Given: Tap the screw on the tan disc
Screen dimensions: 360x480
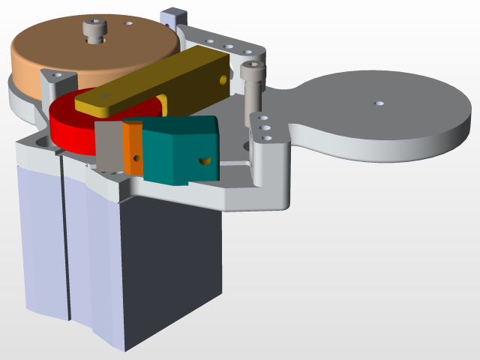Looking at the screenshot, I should coord(94,31).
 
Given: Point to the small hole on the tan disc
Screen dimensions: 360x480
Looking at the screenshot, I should coord(129,23).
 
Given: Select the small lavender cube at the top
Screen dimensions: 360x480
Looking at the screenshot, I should coord(173,15).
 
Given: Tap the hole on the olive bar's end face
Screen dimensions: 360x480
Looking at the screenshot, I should coord(222,77).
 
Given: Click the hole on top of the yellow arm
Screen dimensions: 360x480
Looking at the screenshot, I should coord(105,96).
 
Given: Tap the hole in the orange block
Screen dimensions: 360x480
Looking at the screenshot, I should coord(136,158).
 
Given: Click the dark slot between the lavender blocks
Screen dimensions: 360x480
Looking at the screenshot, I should coord(67,255).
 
